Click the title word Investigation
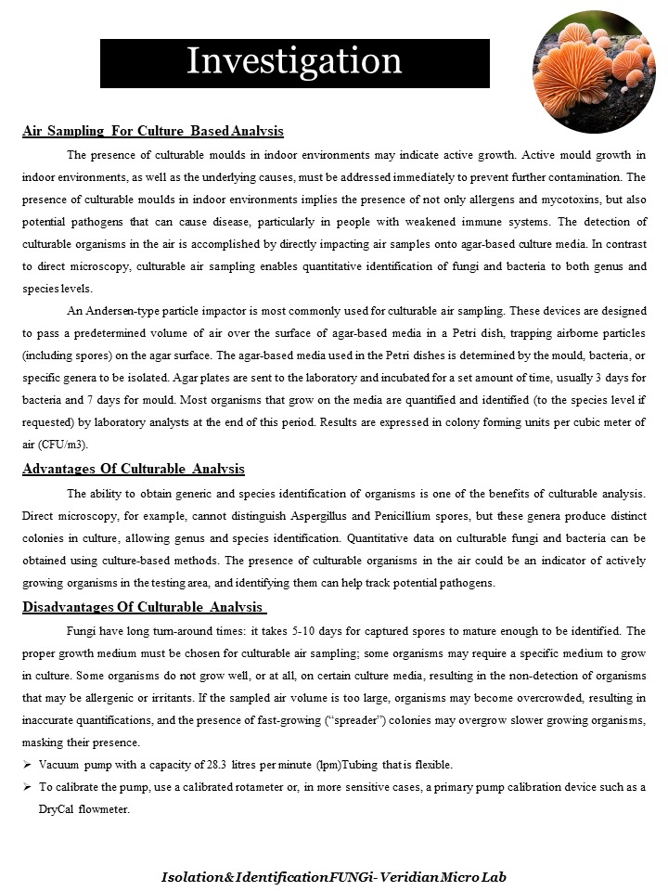click(x=294, y=61)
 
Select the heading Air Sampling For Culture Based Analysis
click(x=153, y=131)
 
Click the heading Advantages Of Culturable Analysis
click(x=134, y=469)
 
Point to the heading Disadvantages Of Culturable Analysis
click(x=145, y=608)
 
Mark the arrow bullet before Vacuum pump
click(x=27, y=764)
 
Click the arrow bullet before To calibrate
click(x=27, y=786)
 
